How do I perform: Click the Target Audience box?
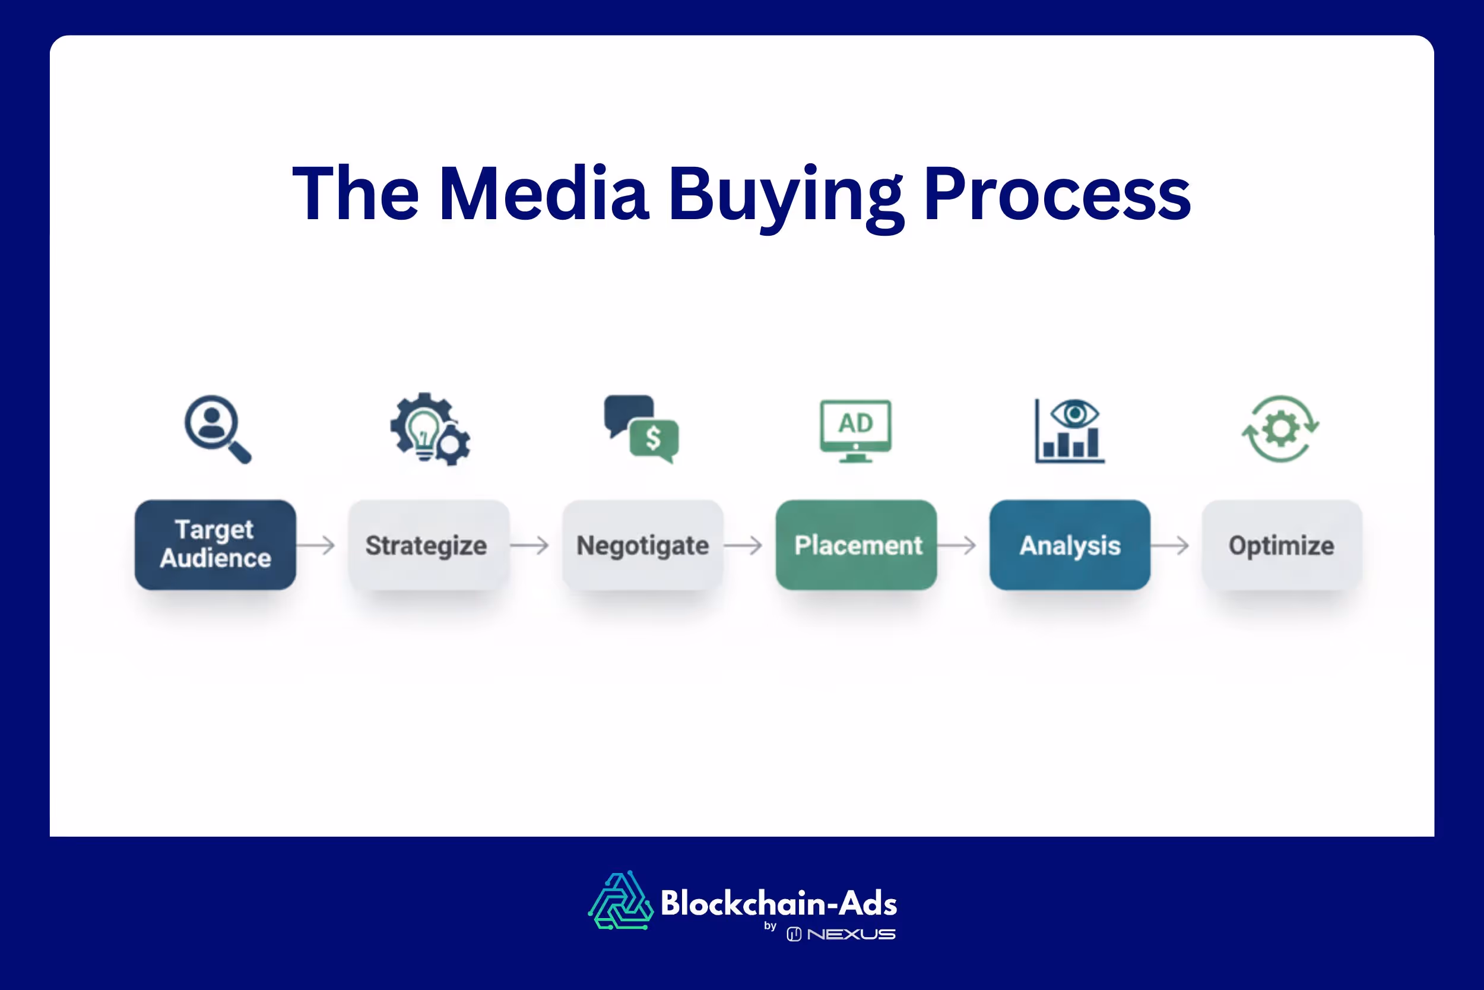click(215, 545)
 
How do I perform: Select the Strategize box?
click(429, 545)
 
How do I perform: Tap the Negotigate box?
click(642, 545)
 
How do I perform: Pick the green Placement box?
click(856, 545)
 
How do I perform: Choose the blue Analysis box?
click(1070, 545)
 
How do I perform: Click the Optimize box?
click(1282, 545)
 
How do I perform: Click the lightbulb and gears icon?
click(430, 429)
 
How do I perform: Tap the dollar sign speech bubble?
click(654, 438)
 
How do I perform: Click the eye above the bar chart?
click(1074, 414)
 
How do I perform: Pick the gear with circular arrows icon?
click(1280, 429)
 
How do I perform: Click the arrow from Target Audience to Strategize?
click(316, 545)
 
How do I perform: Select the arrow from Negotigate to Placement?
click(743, 545)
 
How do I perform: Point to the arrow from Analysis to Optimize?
click(1171, 545)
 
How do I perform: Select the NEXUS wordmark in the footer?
click(851, 934)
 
